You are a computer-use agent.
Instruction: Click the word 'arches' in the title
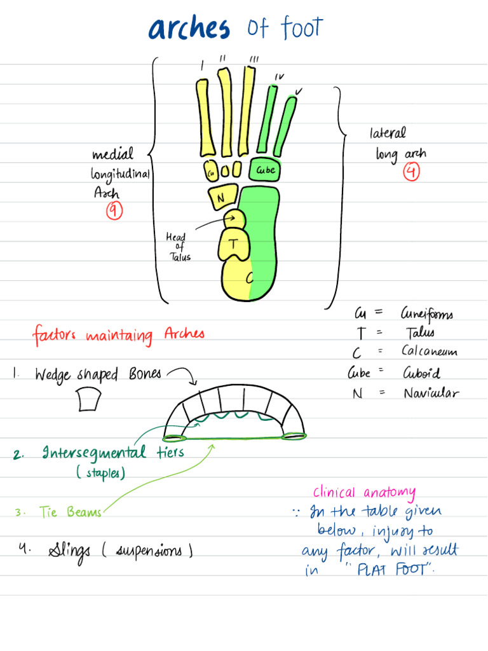coord(189,29)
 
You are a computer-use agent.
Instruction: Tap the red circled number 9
coord(114,211)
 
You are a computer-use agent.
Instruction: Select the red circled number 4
coord(412,172)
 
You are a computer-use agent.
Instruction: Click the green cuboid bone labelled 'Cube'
coord(265,170)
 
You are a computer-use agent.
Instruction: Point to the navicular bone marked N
coord(221,197)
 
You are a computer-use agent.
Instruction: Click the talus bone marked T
coord(234,244)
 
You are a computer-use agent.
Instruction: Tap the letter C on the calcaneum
coord(249,278)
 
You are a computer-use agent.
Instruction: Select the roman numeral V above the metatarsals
coord(299,91)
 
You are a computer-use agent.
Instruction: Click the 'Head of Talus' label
coord(178,247)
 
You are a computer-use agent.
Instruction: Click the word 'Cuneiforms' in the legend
coord(426,314)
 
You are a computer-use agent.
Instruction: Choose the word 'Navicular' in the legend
coord(430,393)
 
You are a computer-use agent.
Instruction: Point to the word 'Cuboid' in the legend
coord(421,373)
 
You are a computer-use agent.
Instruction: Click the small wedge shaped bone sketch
coord(90,401)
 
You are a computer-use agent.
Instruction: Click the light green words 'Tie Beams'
coord(70,512)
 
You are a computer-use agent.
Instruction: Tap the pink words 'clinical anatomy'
coord(364,493)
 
